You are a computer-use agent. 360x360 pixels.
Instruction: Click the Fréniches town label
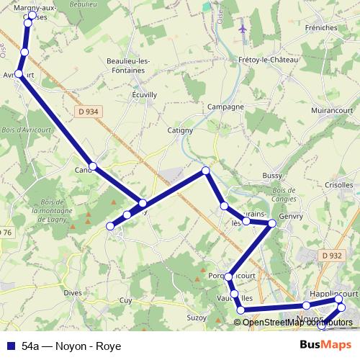coord(320,28)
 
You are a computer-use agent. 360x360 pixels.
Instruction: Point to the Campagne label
coord(225,107)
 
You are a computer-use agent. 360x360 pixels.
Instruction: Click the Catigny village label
coord(180,130)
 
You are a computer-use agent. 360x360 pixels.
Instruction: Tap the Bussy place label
coord(272,175)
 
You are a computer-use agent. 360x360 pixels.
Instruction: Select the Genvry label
coord(292,216)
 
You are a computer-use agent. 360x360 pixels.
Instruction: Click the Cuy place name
coord(125,300)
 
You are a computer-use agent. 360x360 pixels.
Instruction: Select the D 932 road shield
coord(332,255)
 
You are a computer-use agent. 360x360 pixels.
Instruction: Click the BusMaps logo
coord(325,345)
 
